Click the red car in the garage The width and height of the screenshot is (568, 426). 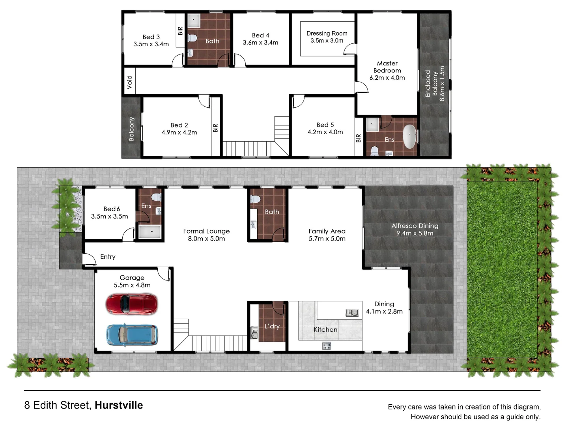(132, 304)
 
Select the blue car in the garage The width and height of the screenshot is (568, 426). (132, 335)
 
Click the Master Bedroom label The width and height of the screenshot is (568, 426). (387, 67)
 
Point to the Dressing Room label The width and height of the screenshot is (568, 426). (327, 34)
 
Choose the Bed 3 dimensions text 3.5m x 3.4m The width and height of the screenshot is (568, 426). (151, 44)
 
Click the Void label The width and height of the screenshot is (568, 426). (129, 82)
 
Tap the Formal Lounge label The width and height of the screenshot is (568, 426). (206, 231)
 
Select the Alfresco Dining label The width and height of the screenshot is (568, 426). (415, 226)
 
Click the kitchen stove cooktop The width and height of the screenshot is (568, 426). (327, 346)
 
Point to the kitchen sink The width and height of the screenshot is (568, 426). (352, 313)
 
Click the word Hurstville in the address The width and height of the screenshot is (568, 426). (119, 405)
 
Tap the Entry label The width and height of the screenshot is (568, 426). (108, 257)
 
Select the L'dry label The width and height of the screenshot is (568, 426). (272, 326)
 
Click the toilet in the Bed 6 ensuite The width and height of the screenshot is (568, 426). (156, 197)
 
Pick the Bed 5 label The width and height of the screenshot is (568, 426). (325, 125)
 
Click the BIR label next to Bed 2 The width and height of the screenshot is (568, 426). (215, 128)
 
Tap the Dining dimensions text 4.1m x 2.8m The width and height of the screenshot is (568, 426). (384, 311)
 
